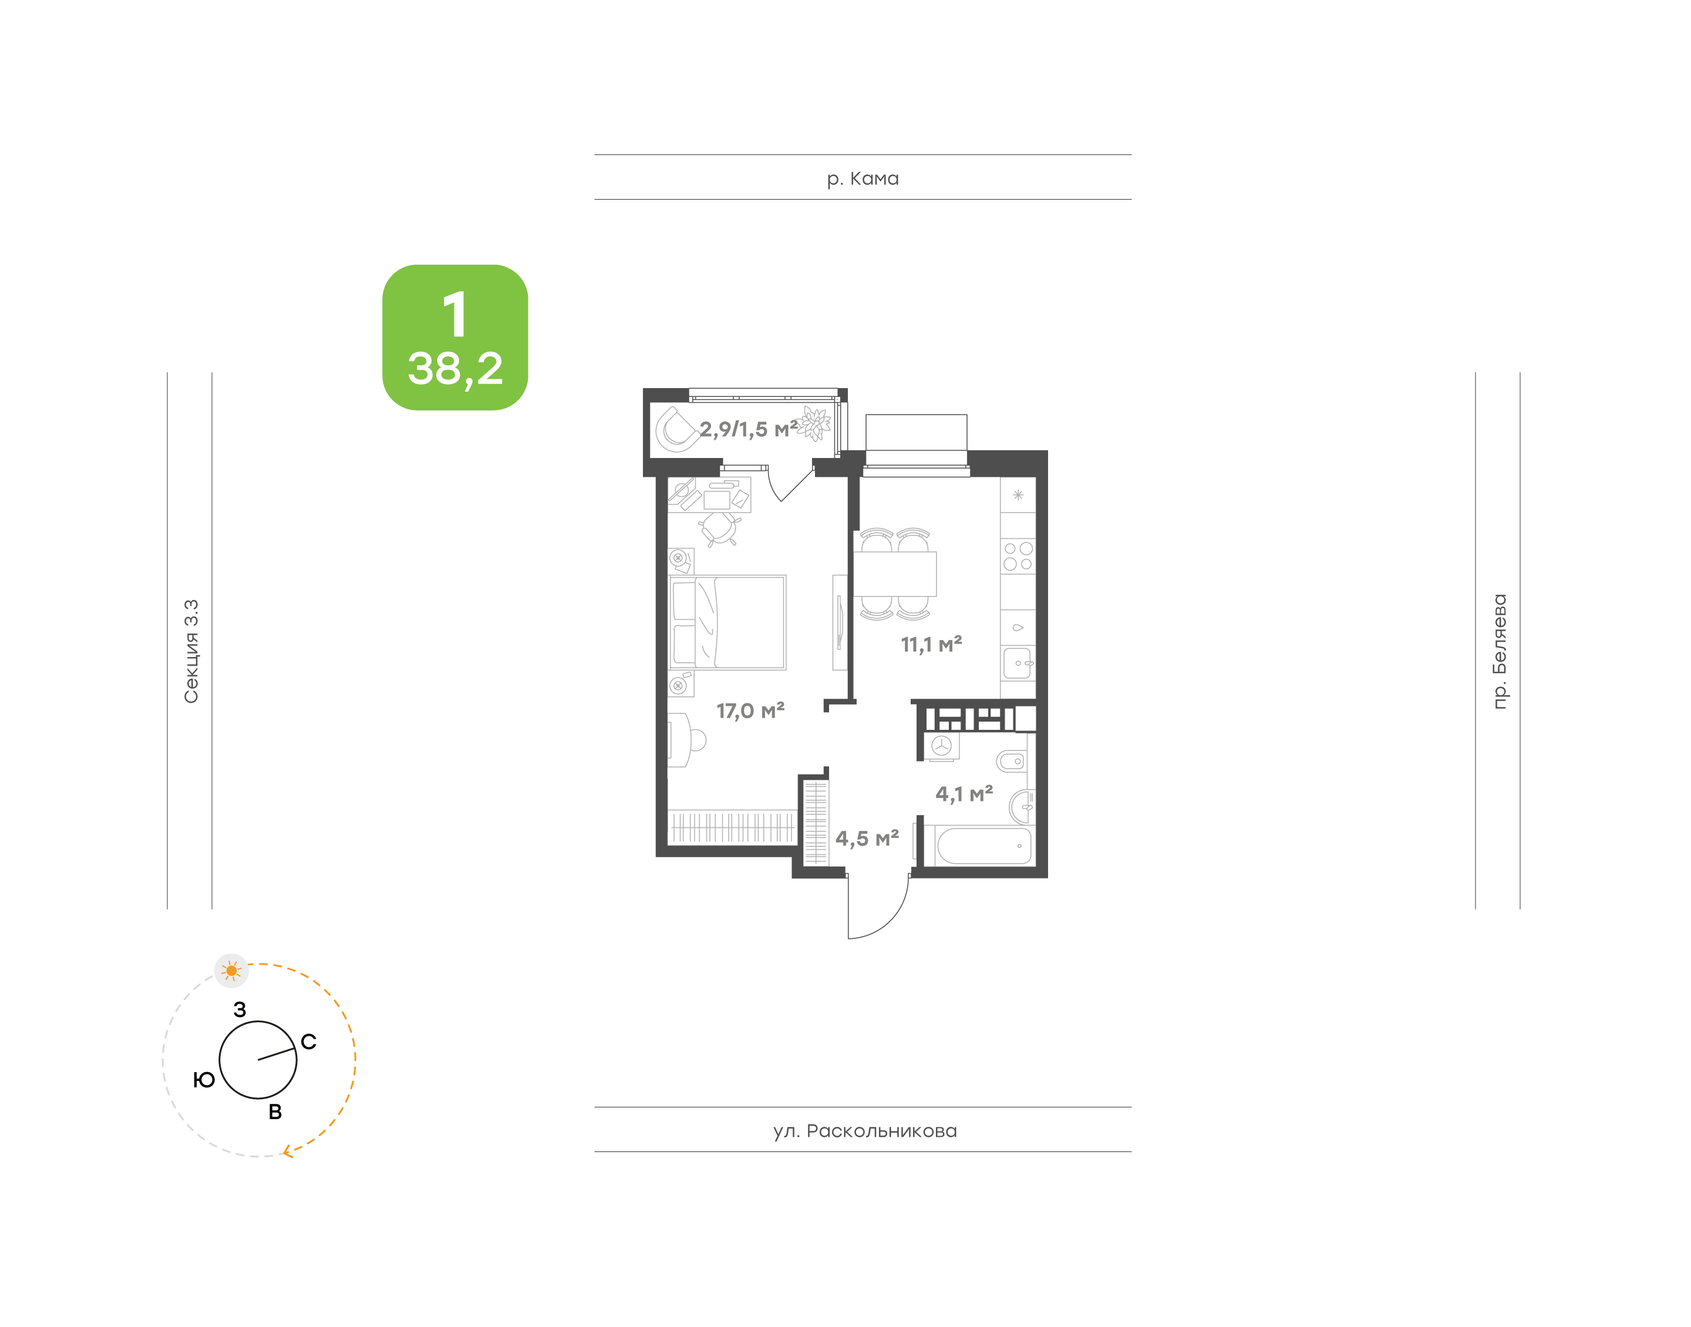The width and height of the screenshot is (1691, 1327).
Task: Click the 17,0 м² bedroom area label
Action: point(750,711)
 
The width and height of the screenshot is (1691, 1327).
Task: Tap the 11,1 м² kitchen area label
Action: point(931,644)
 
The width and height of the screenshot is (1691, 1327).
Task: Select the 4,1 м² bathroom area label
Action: point(964,794)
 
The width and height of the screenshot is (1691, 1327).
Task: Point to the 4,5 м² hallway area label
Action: point(867,838)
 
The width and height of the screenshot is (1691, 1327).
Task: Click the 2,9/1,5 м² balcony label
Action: point(749,429)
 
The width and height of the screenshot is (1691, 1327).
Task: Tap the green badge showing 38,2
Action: point(455,337)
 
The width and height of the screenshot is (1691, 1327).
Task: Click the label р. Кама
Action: point(863,178)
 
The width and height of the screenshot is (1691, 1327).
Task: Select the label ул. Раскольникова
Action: point(864,1131)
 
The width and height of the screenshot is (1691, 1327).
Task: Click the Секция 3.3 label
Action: point(191,651)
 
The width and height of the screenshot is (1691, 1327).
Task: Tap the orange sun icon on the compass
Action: point(231,971)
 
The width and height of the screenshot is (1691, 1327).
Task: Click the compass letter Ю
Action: point(204,1080)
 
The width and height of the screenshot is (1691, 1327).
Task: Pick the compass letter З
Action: point(240,1009)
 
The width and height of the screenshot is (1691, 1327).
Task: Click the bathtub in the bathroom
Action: point(984,846)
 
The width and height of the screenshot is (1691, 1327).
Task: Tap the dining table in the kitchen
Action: point(895,574)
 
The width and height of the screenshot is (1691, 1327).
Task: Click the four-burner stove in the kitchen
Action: point(1018,556)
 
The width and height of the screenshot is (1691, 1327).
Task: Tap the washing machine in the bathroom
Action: point(941,746)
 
